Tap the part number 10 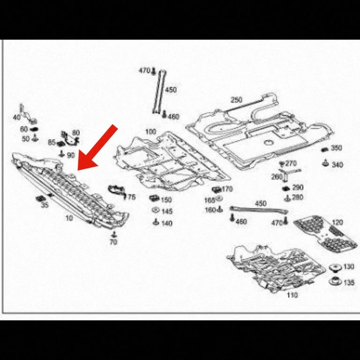(x=69, y=218)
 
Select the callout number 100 (x=150, y=132)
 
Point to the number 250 (x=236, y=100)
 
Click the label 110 (x=292, y=295)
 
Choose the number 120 (x=337, y=222)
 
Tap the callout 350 (x=337, y=148)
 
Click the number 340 (x=337, y=165)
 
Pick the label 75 (x=132, y=197)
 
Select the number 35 (x=45, y=205)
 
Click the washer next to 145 (x=156, y=210)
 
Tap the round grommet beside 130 (x=336, y=268)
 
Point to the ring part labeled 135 (x=335, y=281)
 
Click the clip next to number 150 (x=154, y=198)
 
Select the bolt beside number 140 (x=156, y=222)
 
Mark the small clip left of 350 (x=325, y=150)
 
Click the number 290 (x=298, y=187)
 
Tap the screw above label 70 (x=113, y=235)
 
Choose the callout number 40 (x=17, y=117)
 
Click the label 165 (x=210, y=200)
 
